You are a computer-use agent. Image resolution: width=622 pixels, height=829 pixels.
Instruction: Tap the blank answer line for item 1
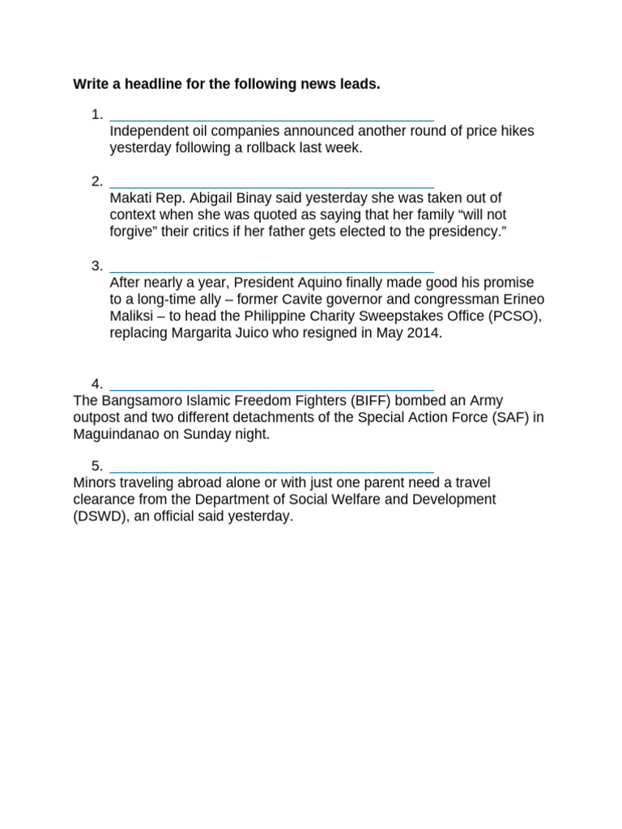click(271, 118)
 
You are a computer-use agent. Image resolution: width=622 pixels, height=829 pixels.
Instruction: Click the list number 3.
click(96, 266)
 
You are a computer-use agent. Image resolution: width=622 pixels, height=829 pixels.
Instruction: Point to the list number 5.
click(96, 466)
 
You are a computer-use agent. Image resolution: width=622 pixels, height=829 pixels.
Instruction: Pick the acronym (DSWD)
click(101, 517)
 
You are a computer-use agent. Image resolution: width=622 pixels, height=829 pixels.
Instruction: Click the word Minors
click(94, 483)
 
